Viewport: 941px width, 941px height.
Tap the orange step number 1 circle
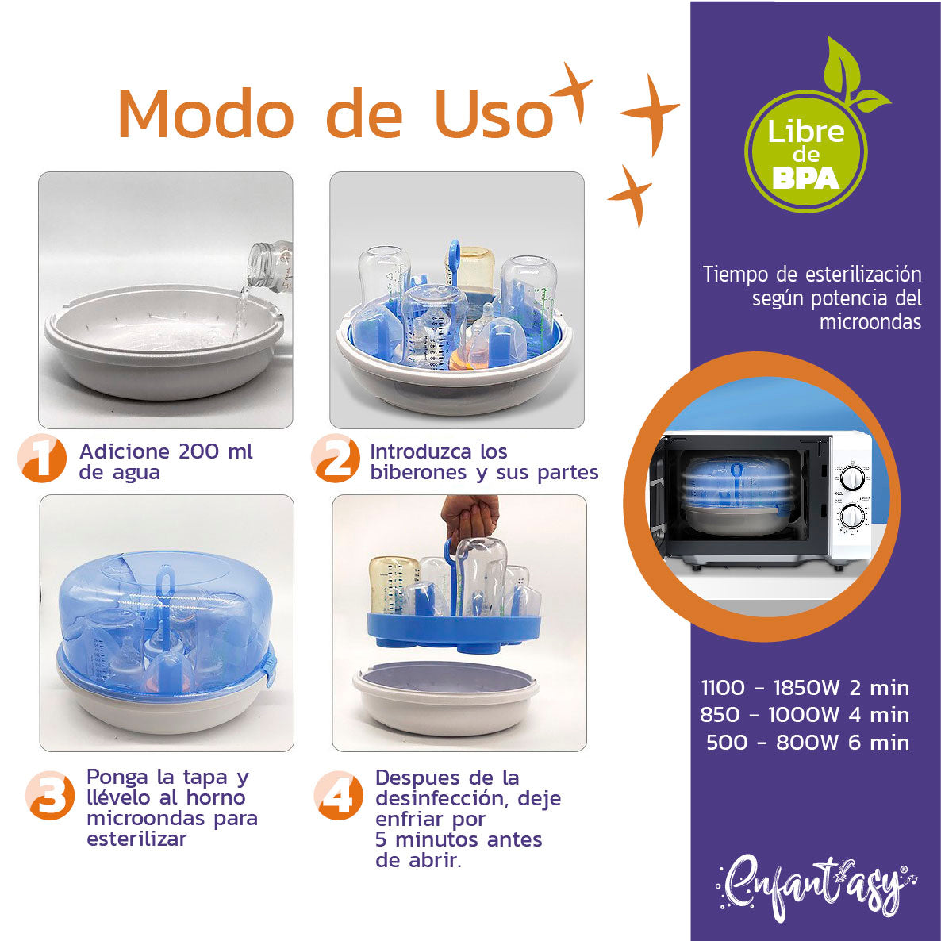[x=42, y=459]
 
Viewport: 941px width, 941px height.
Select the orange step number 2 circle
[x=336, y=459]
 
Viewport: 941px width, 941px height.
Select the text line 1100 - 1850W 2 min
[x=805, y=687]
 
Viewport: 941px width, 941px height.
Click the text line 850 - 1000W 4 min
[x=805, y=715]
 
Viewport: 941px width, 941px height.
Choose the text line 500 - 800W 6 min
[x=807, y=743]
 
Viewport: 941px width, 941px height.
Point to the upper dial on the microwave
[x=853, y=478]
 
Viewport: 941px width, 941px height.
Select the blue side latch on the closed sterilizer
[x=271, y=665]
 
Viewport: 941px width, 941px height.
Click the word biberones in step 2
[x=418, y=473]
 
